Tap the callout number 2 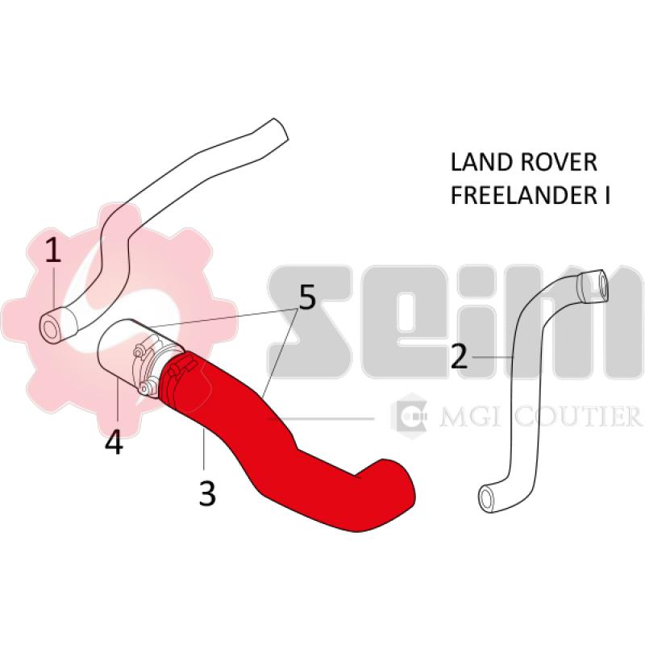(x=459, y=356)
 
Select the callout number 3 (x=207, y=493)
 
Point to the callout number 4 (x=114, y=442)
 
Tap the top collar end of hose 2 (x=593, y=285)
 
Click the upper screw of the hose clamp (x=138, y=352)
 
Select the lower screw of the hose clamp (x=144, y=388)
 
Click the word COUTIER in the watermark (x=577, y=416)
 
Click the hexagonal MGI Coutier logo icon (x=409, y=416)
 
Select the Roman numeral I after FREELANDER (x=606, y=195)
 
